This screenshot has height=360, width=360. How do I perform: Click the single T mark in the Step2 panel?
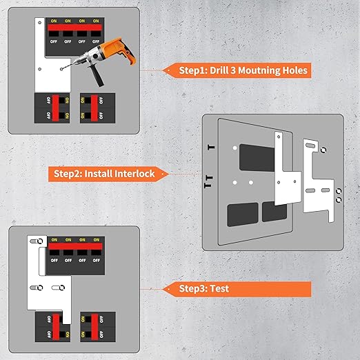pyautogui.click(x=211, y=148)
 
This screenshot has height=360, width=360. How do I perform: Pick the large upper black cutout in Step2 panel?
pyautogui.click(x=256, y=158)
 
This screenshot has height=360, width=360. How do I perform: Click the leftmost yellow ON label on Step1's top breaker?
pyautogui.click(x=53, y=21)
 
